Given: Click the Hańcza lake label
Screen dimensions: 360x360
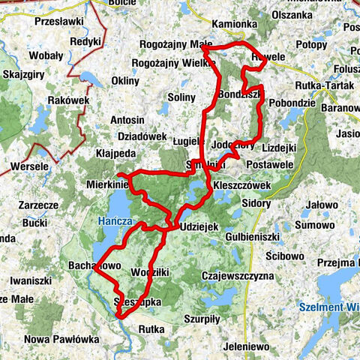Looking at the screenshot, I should coord(114,221).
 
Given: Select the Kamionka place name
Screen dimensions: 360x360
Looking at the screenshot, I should coord(235,25).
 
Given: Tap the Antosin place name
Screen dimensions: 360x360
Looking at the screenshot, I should coord(127,120).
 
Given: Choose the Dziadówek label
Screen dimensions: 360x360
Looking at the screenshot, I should coord(142,137).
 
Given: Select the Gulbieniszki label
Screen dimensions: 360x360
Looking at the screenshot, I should coord(251,238).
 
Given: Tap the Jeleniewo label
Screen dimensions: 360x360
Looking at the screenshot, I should coord(240,346).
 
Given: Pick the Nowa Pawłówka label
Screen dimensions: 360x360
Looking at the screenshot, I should coord(61,339).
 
